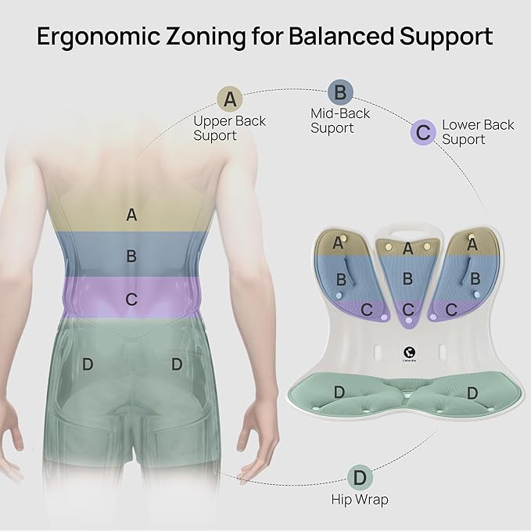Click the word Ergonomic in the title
(98, 37)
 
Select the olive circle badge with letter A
(230, 99)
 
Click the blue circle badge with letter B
(340, 92)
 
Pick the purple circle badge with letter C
(423, 132)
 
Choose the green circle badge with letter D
(360, 478)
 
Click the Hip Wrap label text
(360, 500)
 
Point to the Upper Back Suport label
(229, 128)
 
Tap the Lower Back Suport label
(478, 132)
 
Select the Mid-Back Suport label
(340, 121)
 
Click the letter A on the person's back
(131, 215)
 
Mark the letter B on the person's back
(131, 256)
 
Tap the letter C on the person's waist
(131, 300)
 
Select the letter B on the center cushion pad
(407, 278)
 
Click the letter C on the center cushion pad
(408, 310)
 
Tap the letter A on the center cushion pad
(408, 249)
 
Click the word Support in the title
(446, 37)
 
